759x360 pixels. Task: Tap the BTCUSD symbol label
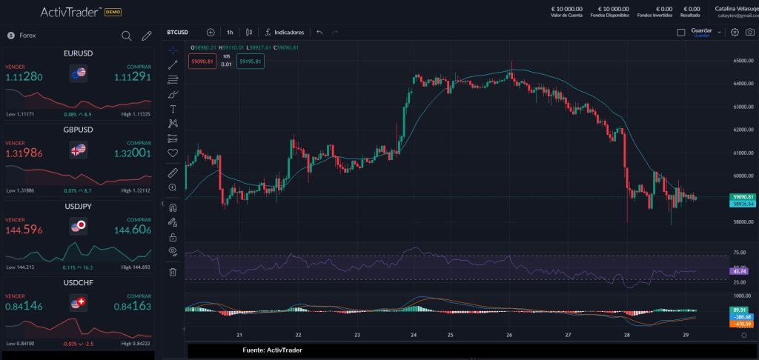point(178,33)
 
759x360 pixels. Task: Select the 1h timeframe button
point(230,33)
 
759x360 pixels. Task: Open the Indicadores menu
point(285,33)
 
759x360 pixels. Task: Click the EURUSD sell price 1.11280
point(24,77)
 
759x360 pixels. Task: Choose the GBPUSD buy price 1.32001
point(133,153)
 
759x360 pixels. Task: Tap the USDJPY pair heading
point(79,206)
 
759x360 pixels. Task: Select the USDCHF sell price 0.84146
point(24,305)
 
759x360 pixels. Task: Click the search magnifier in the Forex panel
point(127,36)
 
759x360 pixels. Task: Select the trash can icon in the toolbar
point(173,272)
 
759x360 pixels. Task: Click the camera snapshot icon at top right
point(750,33)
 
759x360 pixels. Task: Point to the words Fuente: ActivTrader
point(272,350)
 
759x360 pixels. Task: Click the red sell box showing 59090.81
point(202,61)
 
